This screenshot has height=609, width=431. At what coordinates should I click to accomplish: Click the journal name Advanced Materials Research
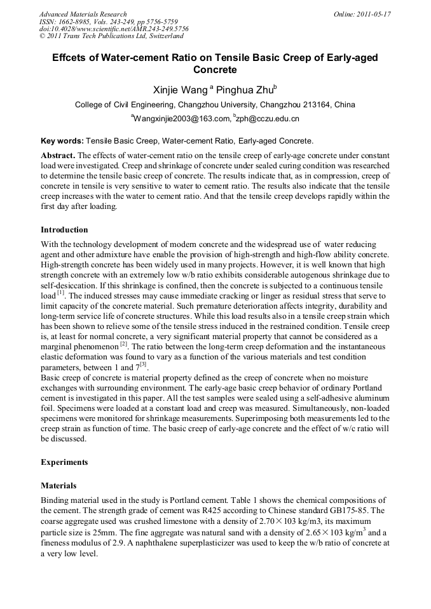83,14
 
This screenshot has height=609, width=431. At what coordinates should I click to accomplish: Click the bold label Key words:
62,141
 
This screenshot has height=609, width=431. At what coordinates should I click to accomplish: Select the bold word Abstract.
58,156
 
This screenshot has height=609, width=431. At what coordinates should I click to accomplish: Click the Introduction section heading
64,230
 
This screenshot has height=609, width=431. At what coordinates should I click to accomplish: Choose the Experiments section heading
64,462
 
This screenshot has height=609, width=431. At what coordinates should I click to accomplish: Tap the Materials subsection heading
58,485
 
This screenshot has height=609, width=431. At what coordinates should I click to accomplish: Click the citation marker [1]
61,293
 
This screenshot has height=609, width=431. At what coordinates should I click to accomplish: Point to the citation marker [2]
125,344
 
